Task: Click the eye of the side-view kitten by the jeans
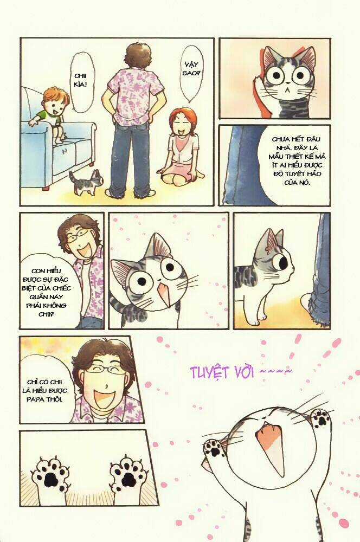click(x=283, y=261)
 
